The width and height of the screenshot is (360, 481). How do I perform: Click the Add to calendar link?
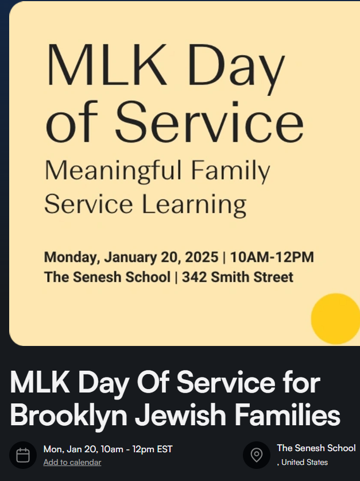tap(72, 462)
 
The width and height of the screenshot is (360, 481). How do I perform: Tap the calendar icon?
tap(23, 455)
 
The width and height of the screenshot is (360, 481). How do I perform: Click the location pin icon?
tap(257, 455)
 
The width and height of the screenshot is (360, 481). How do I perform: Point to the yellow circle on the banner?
tap(335, 319)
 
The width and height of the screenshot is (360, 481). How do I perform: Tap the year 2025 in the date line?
tap(202, 257)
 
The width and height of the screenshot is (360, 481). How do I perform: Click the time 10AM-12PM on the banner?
tap(272, 257)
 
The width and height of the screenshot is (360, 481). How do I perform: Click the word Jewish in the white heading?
tap(180, 415)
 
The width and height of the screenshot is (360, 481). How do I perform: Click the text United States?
tap(304, 462)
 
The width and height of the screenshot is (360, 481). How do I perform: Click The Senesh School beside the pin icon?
tap(316, 448)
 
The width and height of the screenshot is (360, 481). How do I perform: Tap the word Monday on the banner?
tap(72, 257)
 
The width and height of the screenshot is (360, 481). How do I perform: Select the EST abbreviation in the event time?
tap(165, 449)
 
